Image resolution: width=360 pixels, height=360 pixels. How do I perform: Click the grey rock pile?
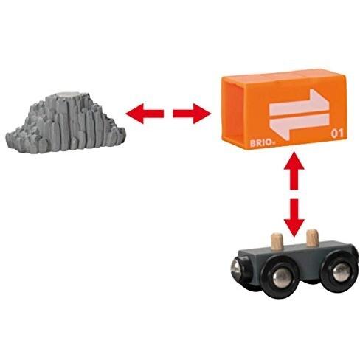tap(66, 123)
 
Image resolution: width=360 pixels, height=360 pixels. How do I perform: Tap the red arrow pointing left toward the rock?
tap(145, 114)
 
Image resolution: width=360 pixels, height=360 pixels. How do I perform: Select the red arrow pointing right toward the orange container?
tap(192, 114)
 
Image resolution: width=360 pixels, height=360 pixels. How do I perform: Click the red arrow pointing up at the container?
tap(294, 171)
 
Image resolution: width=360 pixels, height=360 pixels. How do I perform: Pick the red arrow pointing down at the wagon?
tap(294, 218)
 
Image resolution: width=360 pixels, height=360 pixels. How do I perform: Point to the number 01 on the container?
tap(337, 134)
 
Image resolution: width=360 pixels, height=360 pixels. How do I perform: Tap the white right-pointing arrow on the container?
tap(300, 102)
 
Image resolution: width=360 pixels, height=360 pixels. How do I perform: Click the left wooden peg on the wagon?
tap(277, 242)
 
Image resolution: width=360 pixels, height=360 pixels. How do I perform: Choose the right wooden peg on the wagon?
tap(312, 238)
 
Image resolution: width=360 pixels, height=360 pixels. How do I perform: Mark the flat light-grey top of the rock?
tap(69, 95)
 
